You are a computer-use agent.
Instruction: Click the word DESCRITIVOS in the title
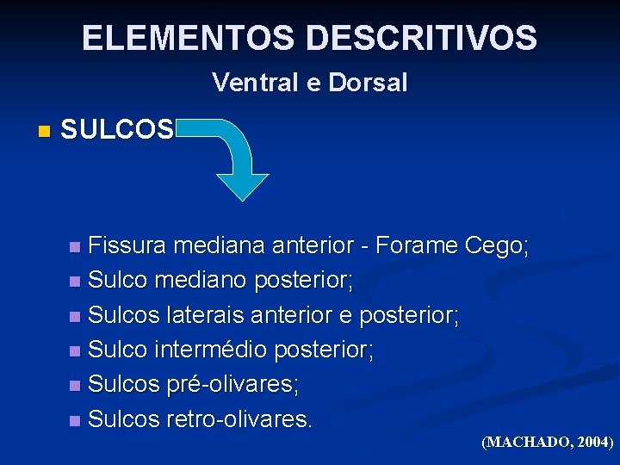click(421, 38)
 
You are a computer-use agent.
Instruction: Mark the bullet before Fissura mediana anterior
click(76, 248)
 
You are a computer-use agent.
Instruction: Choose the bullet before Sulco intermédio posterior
click(76, 351)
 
